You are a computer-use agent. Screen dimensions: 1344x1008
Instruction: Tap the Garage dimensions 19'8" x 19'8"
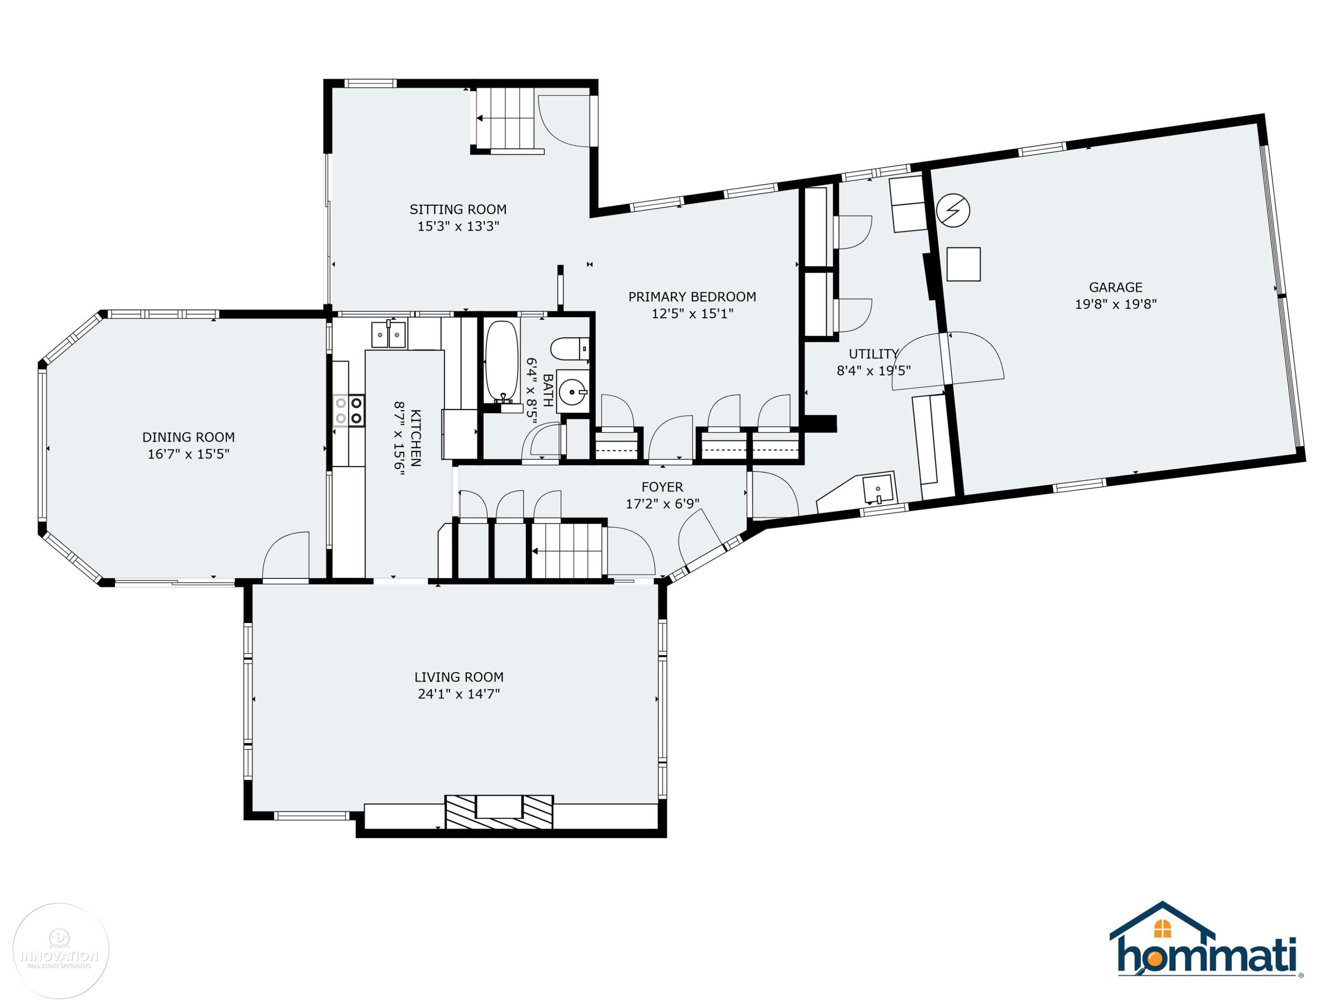click(x=1115, y=304)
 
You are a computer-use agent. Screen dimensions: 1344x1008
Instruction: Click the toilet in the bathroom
click(x=570, y=349)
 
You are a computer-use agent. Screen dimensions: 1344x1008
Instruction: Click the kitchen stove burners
click(x=349, y=410)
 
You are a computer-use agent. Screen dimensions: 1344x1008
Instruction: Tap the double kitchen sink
click(x=388, y=335)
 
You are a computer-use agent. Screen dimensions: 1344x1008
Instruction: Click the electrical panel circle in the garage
click(x=953, y=210)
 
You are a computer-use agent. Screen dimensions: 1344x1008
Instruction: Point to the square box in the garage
click(x=964, y=264)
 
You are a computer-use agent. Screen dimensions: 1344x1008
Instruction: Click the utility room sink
click(x=878, y=489)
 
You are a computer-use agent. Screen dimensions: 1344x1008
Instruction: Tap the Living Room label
click(x=459, y=677)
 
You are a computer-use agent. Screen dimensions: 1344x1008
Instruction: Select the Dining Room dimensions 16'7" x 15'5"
click(x=188, y=454)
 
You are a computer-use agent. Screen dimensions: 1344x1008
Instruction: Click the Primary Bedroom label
click(x=692, y=297)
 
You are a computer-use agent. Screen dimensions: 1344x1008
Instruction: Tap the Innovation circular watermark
click(x=61, y=951)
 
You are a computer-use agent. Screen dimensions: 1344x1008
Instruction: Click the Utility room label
click(x=874, y=353)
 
